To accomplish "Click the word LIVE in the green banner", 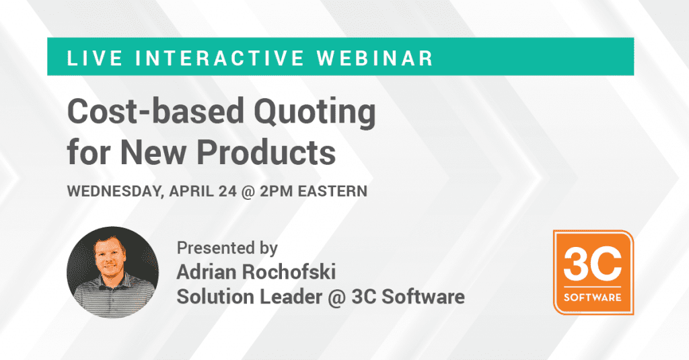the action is pyautogui.click(x=94, y=59).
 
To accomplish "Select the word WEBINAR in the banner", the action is pyautogui.click(x=375, y=59).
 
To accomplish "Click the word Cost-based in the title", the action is pyautogui.click(x=155, y=111).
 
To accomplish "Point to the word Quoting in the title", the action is pyautogui.click(x=315, y=113).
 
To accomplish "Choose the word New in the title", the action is pyautogui.click(x=153, y=152).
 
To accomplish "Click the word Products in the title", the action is pyautogui.click(x=266, y=152).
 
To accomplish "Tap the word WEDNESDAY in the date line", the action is pyautogui.click(x=115, y=192).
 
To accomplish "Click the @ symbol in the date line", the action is pyautogui.click(x=248, y=192).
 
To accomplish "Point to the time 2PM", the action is pyautogui.click(x=277, y=191).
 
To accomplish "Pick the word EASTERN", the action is pyautogui.click(x=332, y=191).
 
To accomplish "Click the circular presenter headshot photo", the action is pyautogui.click(x=113, y=272).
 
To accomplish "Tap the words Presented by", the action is pyautogui.click(x=227, y=248).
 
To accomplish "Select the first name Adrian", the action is pyautogui.click(x=206, y=272).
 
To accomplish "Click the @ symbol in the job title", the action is pyautogui.click(x=336, y=297).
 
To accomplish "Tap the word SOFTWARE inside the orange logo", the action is pyautogui.click(x=593, y=297).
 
